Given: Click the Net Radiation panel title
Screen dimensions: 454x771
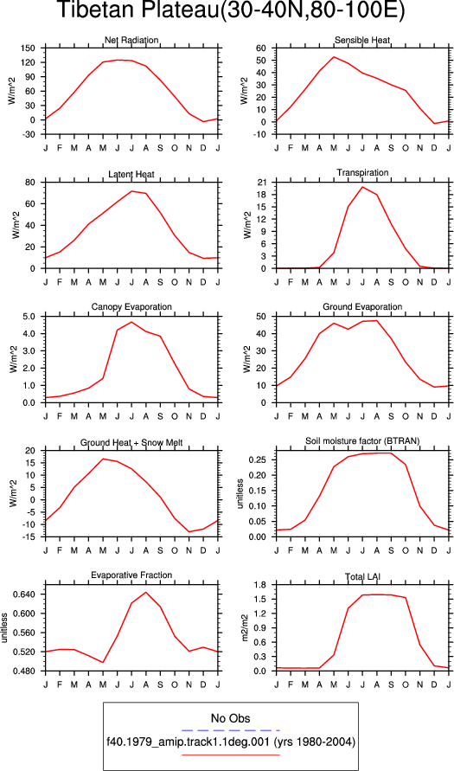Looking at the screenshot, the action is tap(131, 41).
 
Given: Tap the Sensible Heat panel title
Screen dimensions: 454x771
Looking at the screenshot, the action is tap(362, 41).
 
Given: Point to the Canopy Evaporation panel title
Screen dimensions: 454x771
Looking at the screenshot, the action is tap(131, 307).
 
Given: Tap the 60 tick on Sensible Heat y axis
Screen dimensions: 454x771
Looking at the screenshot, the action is tap(261, 48).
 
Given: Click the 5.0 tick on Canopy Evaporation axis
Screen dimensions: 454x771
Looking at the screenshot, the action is tap(30, 317).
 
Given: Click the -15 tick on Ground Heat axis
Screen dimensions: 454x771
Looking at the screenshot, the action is tap(29, 537).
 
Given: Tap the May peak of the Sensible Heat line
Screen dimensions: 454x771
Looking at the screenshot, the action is tap(334, 56).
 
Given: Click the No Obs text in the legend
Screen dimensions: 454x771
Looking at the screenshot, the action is tap(230, 719).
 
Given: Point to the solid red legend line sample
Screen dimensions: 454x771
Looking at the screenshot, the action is tap(230, 755).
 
